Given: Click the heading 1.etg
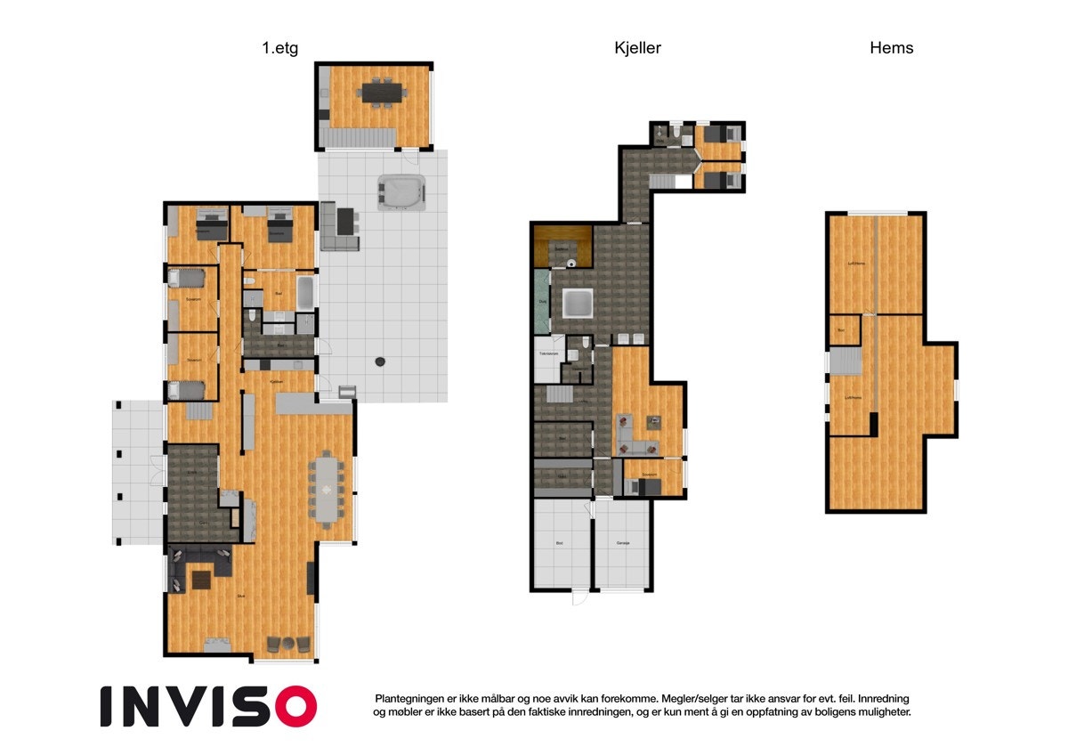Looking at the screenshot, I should coord(279,48).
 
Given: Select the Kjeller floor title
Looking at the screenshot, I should coord(638,48).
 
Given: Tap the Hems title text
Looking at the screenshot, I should coord(891,48).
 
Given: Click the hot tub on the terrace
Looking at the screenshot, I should coord(401,191).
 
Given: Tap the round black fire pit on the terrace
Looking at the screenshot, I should coord(381,361).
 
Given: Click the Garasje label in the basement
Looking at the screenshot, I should coord(623,541).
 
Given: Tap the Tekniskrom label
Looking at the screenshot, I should coord(548,353).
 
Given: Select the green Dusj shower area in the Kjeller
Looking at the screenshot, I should coord(541,301).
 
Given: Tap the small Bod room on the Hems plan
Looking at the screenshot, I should coord(841,329).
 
